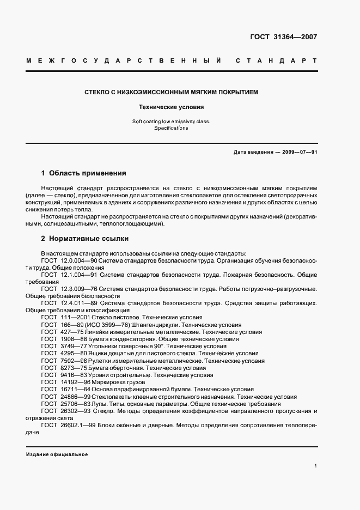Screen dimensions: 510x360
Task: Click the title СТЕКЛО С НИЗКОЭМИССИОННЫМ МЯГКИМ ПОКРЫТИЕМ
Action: [x=171, y=92]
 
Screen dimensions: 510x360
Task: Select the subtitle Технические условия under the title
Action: [x=171, y=107]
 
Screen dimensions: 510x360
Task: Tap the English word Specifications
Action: [x=171, y=128]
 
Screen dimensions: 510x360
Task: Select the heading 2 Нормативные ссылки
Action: [x=85, y=238]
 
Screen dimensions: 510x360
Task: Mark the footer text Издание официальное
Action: [x=57, y=454]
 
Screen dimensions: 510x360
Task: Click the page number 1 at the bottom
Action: [x=315, y=466]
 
